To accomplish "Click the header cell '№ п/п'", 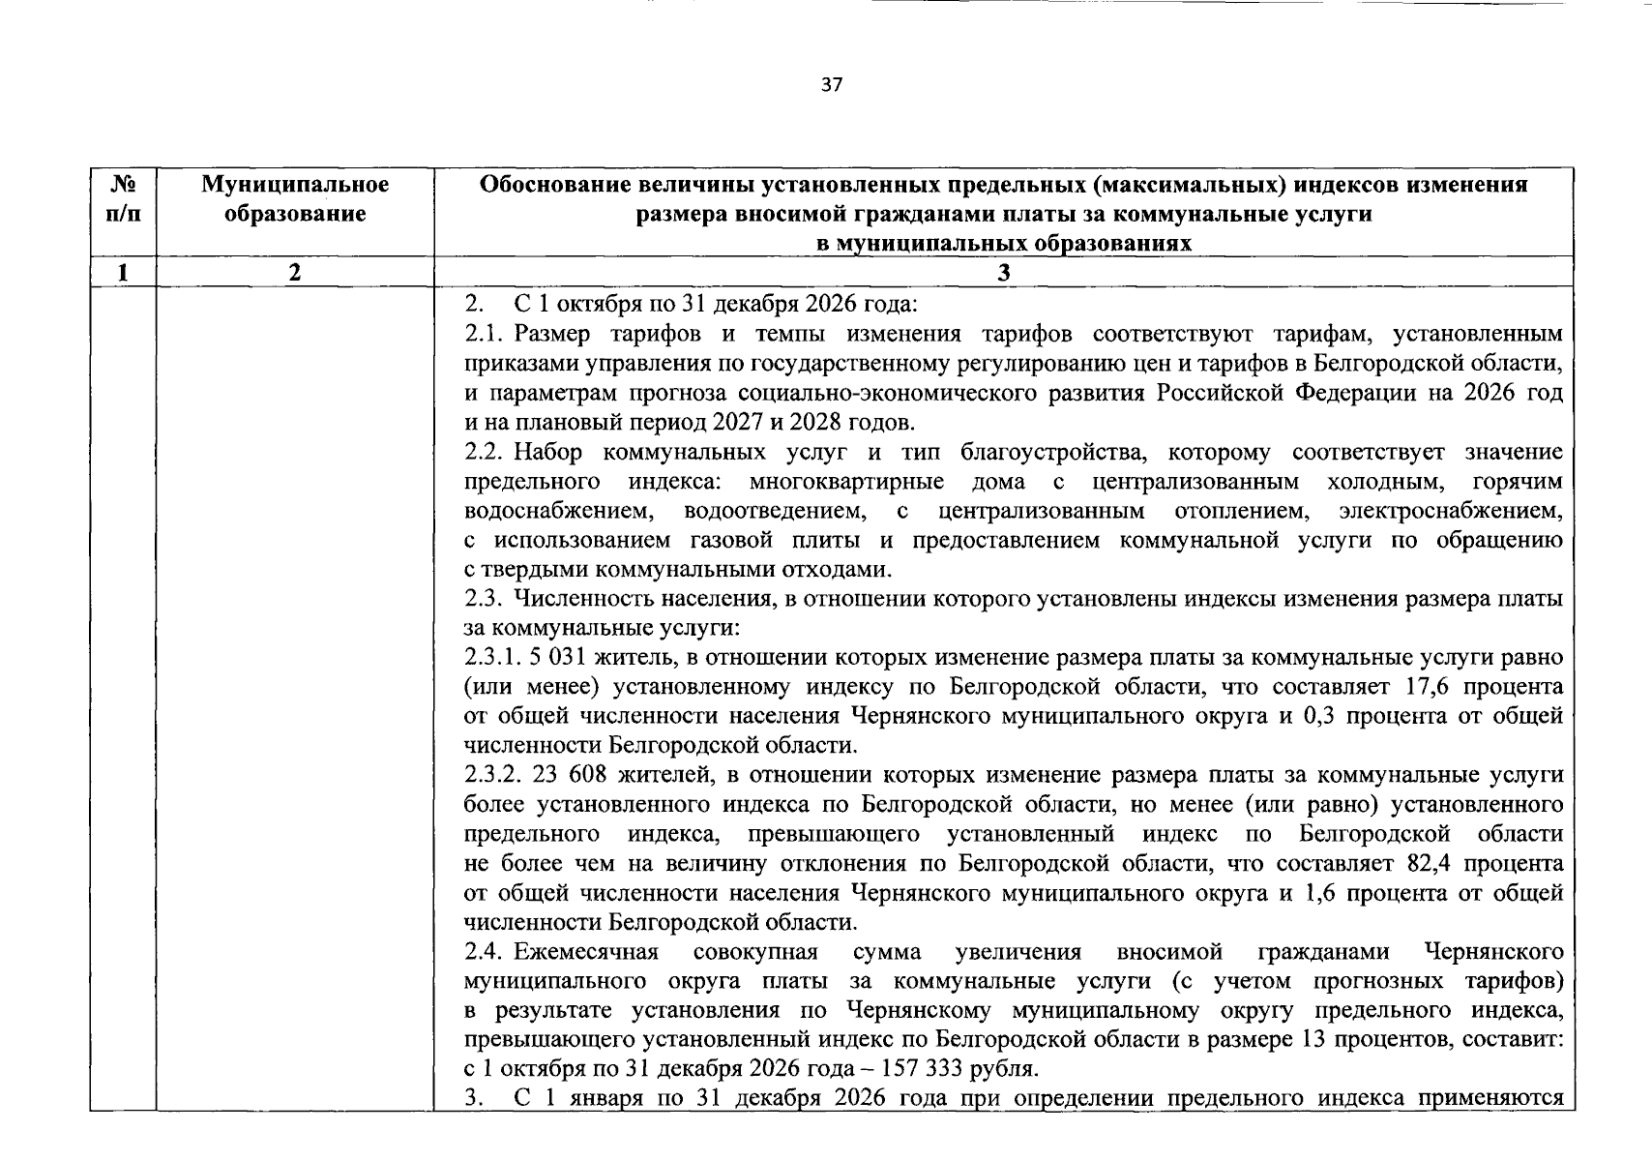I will click(123, 198).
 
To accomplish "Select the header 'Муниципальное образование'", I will click(295, 198).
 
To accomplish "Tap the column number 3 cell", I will click(1004, 273).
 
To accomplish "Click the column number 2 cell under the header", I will click(295, 273).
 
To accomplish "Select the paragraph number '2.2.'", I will click(486, 452).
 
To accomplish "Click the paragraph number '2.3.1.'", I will click(492, 658).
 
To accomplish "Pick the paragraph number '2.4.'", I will click(486, 952).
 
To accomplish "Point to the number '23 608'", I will click(566, 775).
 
